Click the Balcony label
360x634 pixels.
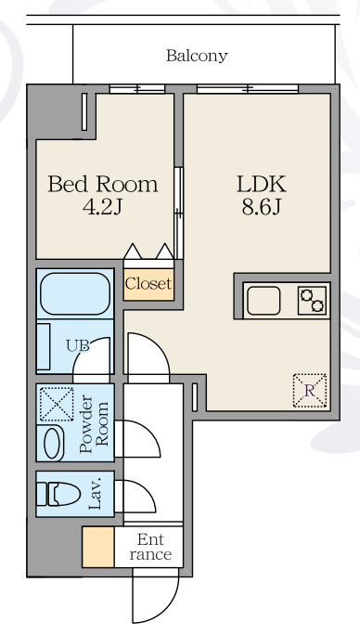[x=197, y=56]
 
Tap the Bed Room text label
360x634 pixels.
[x=103, y=185]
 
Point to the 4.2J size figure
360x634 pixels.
[x=102, y=207]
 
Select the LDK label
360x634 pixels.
[x=262, y=185]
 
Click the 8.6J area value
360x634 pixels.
[x=262, y=207]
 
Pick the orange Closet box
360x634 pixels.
[x=148, y=284]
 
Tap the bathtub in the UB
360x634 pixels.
[x=75, y=293]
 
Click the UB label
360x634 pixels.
[x=78, y=345]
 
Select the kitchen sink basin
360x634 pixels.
[x=264, y=301]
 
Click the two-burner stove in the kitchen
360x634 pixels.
[x=313, y=301]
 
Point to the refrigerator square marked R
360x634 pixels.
[x=310, y=391]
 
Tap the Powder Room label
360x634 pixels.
[x=94, y=423]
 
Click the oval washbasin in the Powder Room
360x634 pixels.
[x=54, y=443]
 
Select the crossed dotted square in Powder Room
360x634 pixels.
[x=57, y=405]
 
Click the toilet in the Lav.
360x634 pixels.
[x=58, y=494]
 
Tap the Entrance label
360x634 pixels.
[x=150, y=547]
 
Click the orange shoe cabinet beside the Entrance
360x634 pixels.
[x=98, y=547]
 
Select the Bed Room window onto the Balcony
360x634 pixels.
[x=137, y=88]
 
